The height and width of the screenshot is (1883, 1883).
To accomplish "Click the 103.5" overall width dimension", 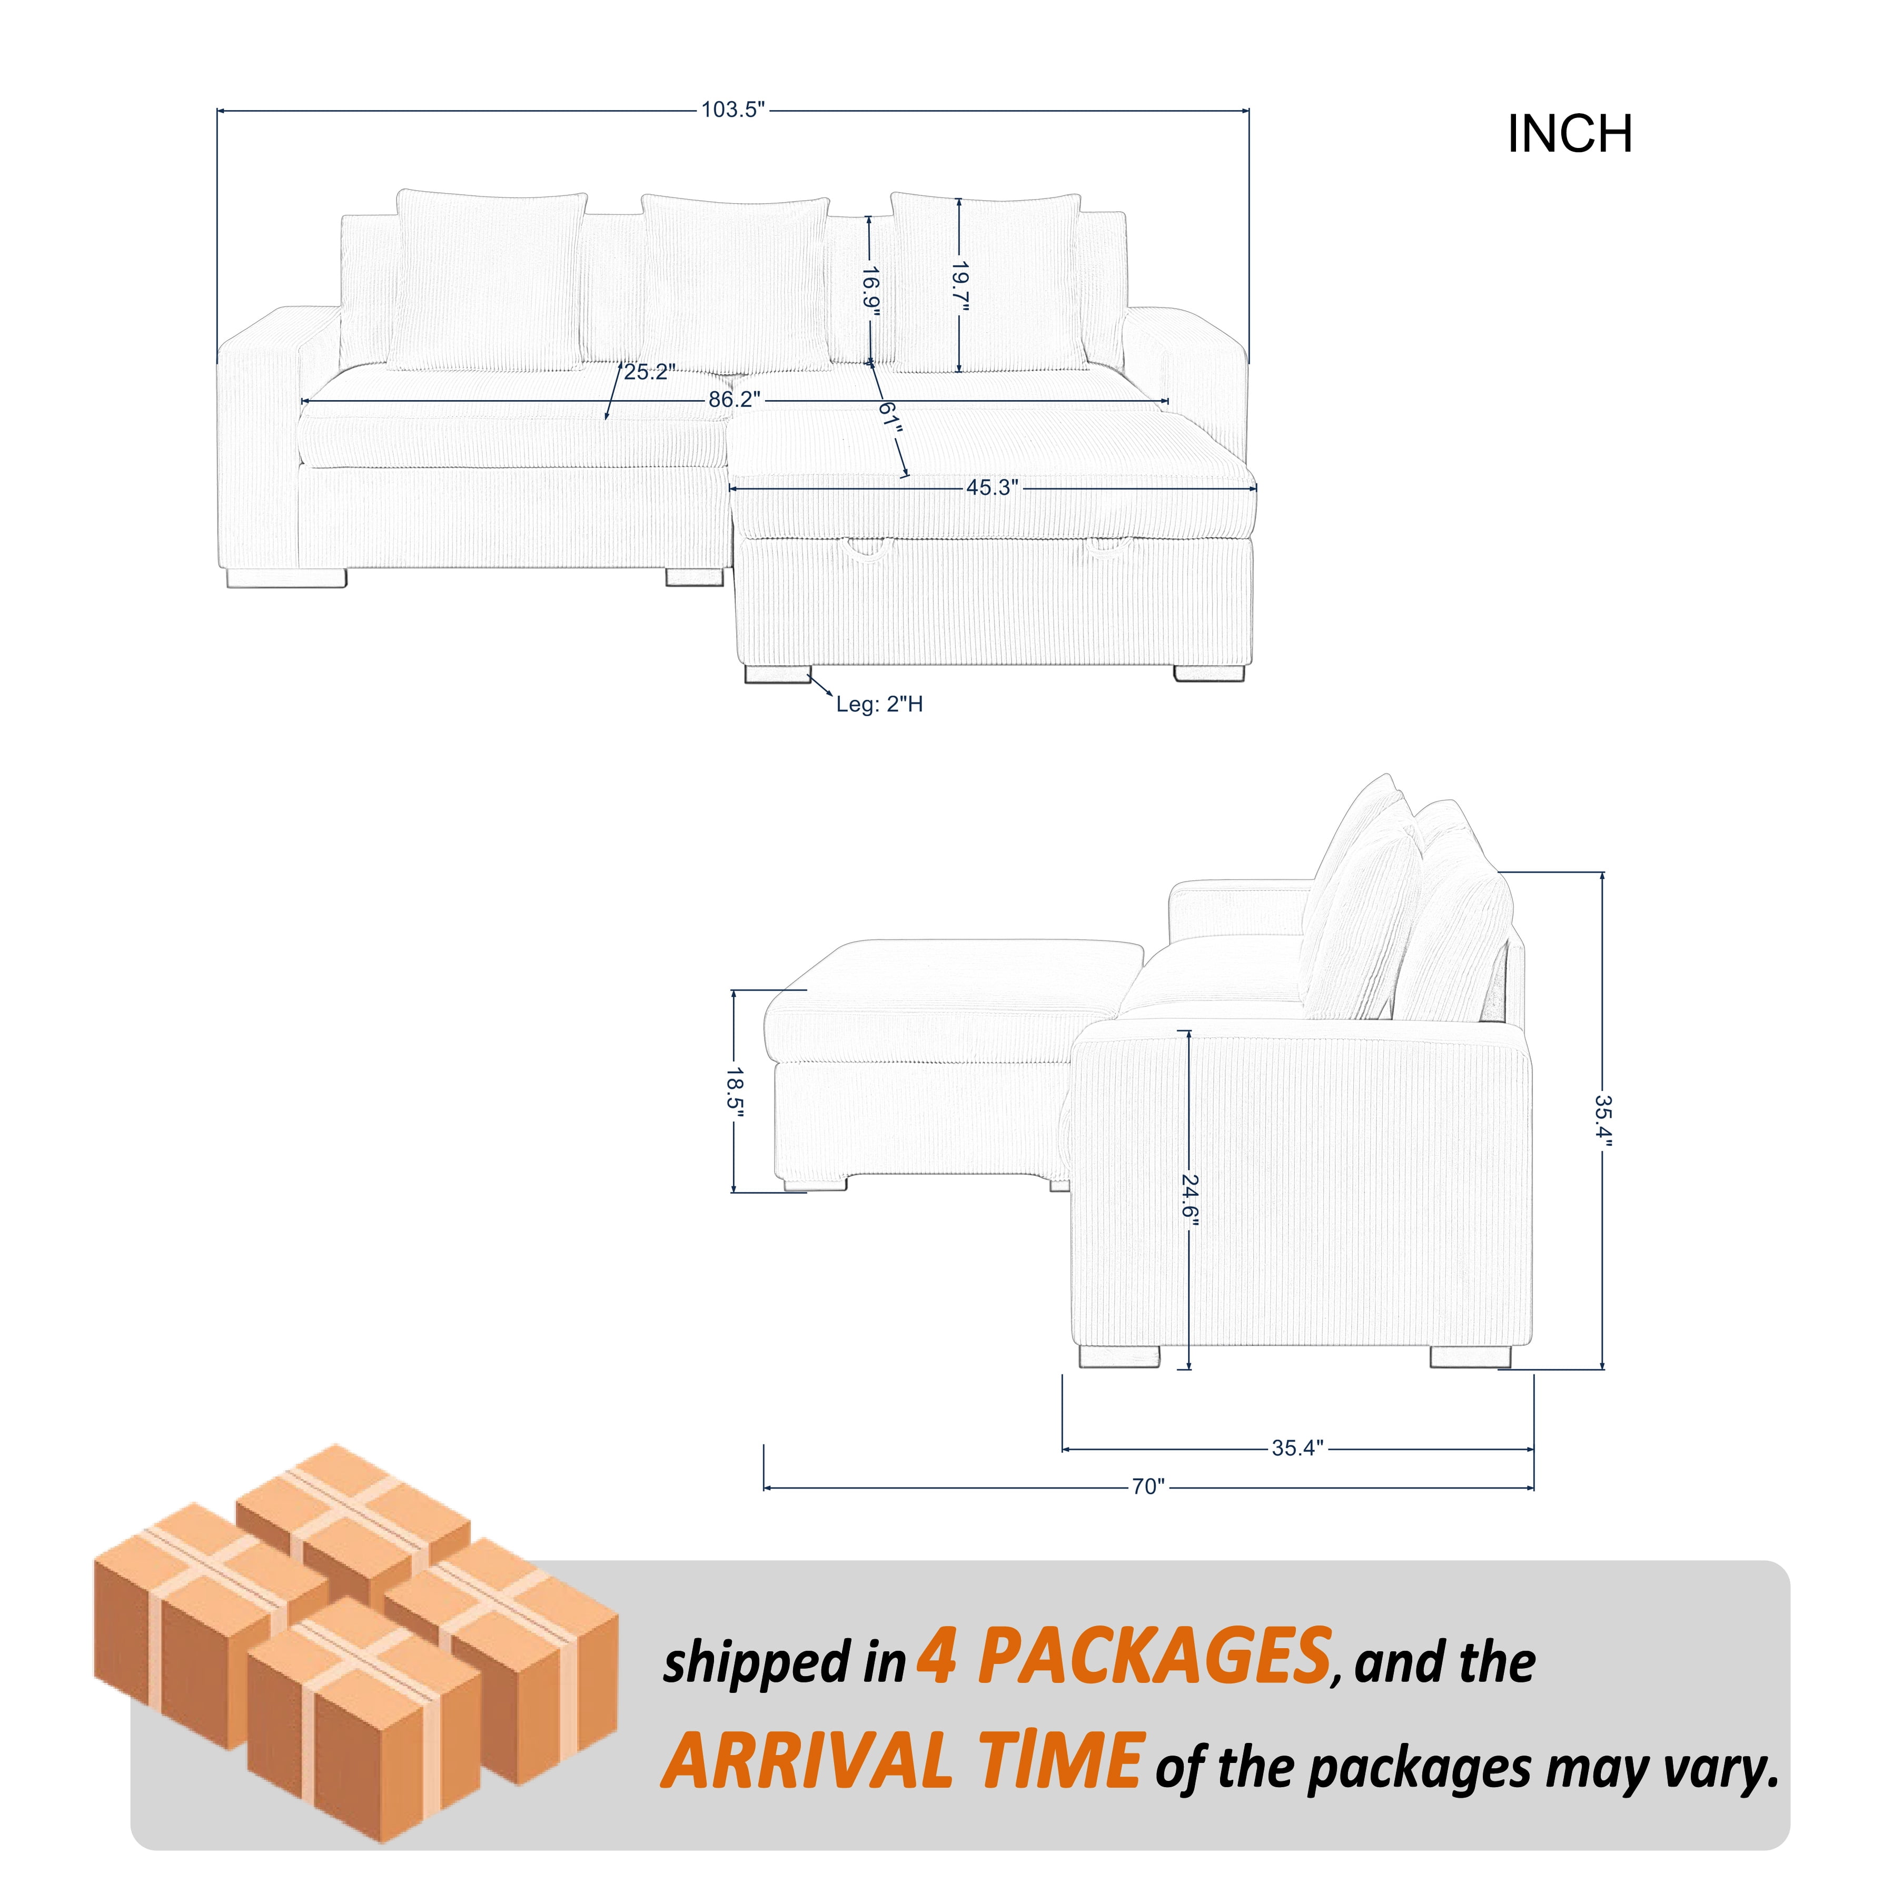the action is pos(734,110).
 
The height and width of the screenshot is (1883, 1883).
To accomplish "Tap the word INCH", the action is pos(1569,134).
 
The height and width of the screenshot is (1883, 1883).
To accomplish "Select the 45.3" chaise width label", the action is pos(992,487).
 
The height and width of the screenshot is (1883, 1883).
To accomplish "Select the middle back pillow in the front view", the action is pos(736,283).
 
